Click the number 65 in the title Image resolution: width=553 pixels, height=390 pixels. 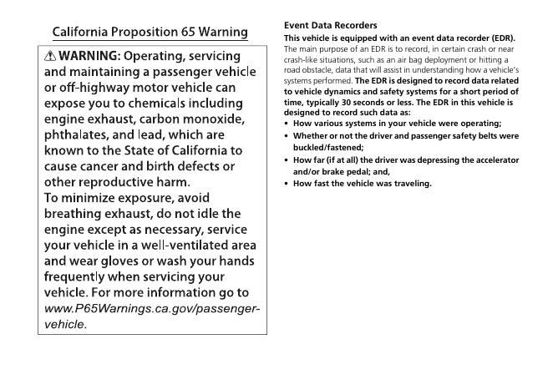point(179,33)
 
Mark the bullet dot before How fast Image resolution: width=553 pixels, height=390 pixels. point(287,184)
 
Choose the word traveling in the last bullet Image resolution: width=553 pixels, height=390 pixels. point(409,184)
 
